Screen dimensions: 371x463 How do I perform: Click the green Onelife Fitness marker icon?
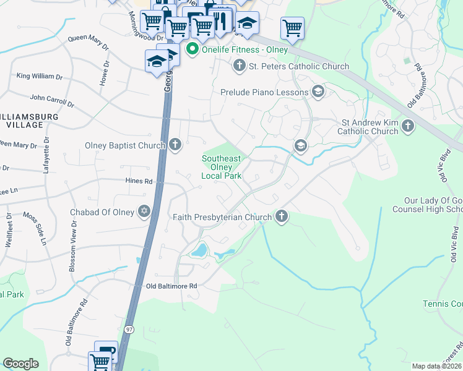(193, 49)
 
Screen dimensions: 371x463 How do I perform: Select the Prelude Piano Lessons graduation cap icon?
(318, 92)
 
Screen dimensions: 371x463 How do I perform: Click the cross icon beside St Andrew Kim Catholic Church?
(407, 126)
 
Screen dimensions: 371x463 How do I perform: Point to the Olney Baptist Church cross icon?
(175, 145)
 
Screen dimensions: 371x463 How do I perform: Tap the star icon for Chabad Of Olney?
(144, 212)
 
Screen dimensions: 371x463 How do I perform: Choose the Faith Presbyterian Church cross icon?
(282, 216)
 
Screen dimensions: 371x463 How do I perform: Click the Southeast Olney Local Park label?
(221, 167)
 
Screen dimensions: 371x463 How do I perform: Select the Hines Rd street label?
(139, 181)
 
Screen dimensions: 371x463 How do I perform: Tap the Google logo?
(20, 364)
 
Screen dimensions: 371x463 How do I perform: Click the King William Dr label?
(40, 77)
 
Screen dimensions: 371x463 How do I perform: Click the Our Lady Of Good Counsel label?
(433, 205)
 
